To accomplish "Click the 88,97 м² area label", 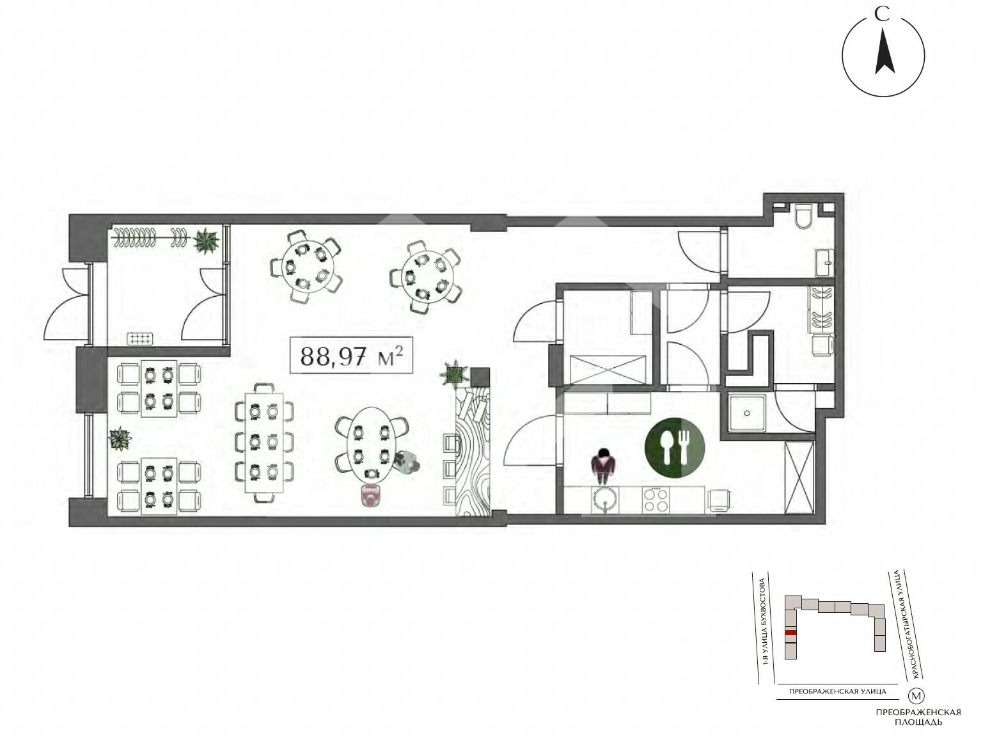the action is pyautogui.click(x=351, y=355).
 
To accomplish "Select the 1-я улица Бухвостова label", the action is pyautogui.click(x=766, y=628).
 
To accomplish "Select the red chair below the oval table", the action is pyautogui.click(x=370, y=496).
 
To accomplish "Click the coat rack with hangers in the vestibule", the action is pyautogui.click(x=151, y=237).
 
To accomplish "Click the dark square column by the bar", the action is pyautogui.click(x=480, y=377).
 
